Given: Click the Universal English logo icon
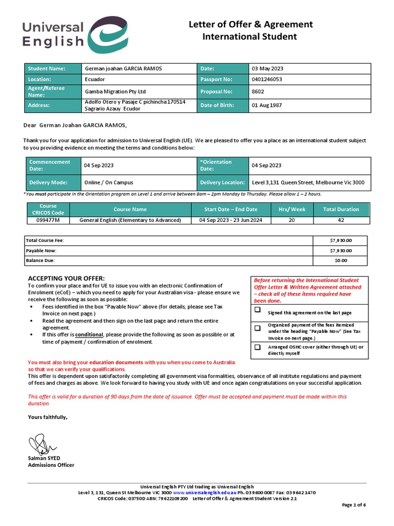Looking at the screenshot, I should tap(107, 35).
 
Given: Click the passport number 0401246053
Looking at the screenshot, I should tap(267, 80).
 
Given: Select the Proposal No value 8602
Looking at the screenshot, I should tap(257, 91).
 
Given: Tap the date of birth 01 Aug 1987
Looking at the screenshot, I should tap(267, 105).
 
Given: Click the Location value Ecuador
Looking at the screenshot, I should tap(94, 80).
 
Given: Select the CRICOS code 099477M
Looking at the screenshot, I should tap(48, 220).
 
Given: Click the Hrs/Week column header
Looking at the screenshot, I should tap(292, 209).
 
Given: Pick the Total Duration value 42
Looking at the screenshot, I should tap(341, 220).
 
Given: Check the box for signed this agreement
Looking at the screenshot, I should tap(257, 310).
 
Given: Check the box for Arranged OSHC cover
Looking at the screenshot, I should tap(257, 348).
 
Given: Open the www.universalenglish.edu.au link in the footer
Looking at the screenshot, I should tap(199, 493).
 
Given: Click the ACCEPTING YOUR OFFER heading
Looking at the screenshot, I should tap(66, 278).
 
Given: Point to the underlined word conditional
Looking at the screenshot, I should tap(89, 334).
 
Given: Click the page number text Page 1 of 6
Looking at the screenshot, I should tap(354, 505).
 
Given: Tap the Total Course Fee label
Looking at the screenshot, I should tap(45, 240).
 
